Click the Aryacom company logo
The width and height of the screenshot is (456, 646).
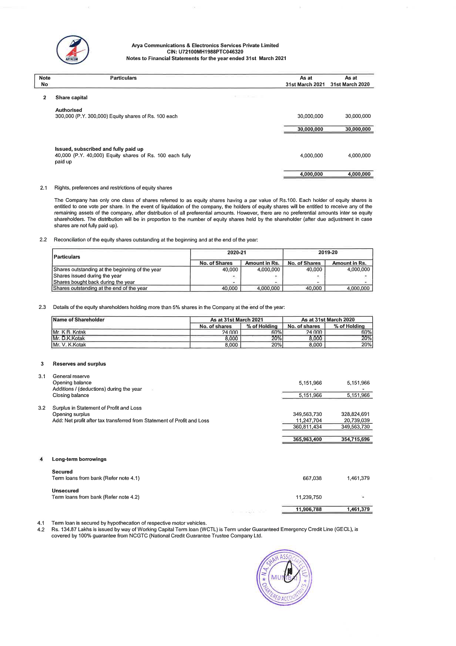click(x=73, y=50)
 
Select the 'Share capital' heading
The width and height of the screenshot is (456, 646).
click(x=71, y=97)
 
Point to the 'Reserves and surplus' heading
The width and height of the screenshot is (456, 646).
click(x=79, y=364)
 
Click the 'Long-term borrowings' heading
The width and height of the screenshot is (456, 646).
click(x=79, y=459)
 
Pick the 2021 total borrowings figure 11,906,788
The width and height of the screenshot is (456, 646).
click(x=309, y=509)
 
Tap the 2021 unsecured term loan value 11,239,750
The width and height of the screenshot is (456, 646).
click(x=309, y=497)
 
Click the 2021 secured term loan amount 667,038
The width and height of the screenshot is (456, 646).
click(x=312, y=478)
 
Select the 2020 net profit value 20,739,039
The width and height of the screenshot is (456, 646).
click(x=355, y=420)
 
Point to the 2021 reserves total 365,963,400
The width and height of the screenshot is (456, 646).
click(x=307, y=439)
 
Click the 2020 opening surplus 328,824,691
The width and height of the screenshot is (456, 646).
click(x=355, y=414)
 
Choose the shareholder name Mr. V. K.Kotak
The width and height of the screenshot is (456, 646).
click(x=69, y=345)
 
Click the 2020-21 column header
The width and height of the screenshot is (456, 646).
click(x=237, y=253)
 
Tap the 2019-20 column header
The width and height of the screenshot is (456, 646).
click(x=328, y=253)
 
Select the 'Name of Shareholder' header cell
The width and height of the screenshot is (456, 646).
click(x=78, y=320)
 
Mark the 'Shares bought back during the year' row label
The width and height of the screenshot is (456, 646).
click(x=94, y=282)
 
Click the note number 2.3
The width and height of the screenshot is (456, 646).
click(x=42, y=307)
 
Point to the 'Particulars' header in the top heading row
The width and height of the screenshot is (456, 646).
click(x=123, y=78)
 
